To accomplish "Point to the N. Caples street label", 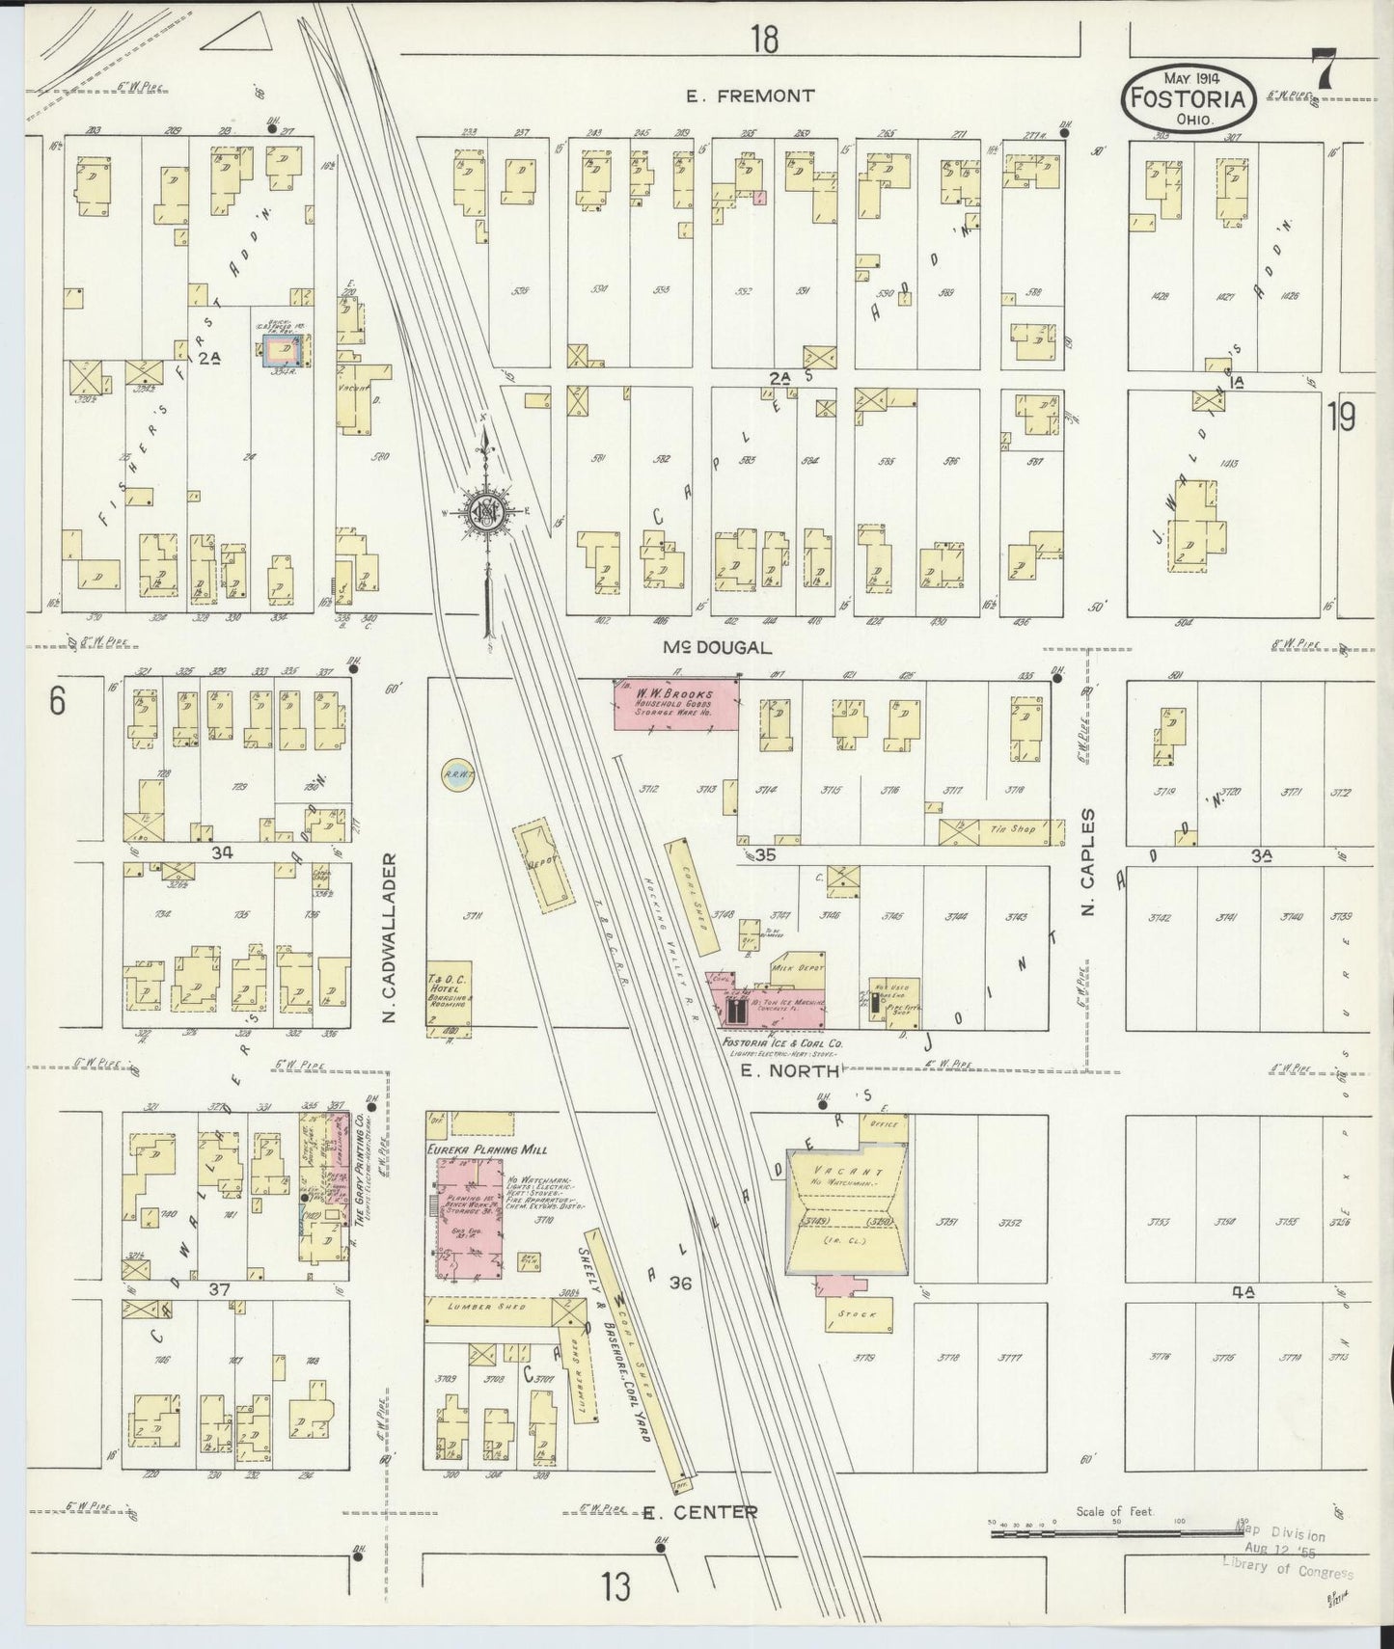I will pos(1090,862).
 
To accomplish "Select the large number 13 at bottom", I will pos(616,1586).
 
